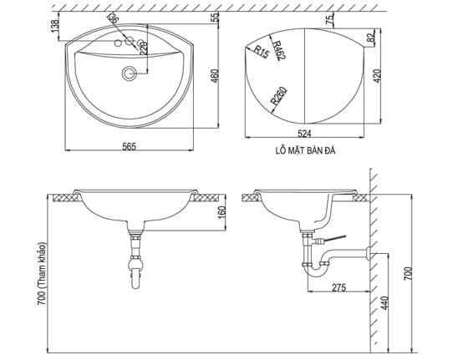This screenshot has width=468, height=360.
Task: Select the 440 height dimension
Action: (385, 304)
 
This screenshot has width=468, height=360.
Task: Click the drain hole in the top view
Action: (128, 74)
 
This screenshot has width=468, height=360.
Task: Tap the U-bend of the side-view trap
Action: (316, 269)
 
